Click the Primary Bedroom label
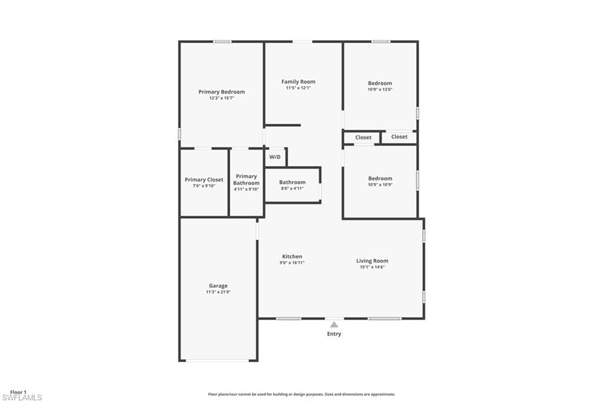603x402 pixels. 221,91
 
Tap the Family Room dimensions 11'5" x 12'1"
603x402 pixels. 298,88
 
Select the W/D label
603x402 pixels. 275,157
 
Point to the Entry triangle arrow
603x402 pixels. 334,325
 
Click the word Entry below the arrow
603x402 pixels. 334,334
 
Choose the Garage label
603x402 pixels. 218,286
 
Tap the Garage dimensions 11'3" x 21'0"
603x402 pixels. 218,292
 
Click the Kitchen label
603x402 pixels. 292,256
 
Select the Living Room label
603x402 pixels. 372,261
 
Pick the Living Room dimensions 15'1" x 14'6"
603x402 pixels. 372,267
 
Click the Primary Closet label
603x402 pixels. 204,179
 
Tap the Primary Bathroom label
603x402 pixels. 246,179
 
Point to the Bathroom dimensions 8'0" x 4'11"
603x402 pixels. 292,188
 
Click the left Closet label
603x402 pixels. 363,137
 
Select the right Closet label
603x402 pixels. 399,137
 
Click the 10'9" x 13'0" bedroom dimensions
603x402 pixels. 380,90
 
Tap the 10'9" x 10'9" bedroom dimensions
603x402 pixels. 380,184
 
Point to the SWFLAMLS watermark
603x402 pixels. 22,398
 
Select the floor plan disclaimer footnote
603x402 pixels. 301,394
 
